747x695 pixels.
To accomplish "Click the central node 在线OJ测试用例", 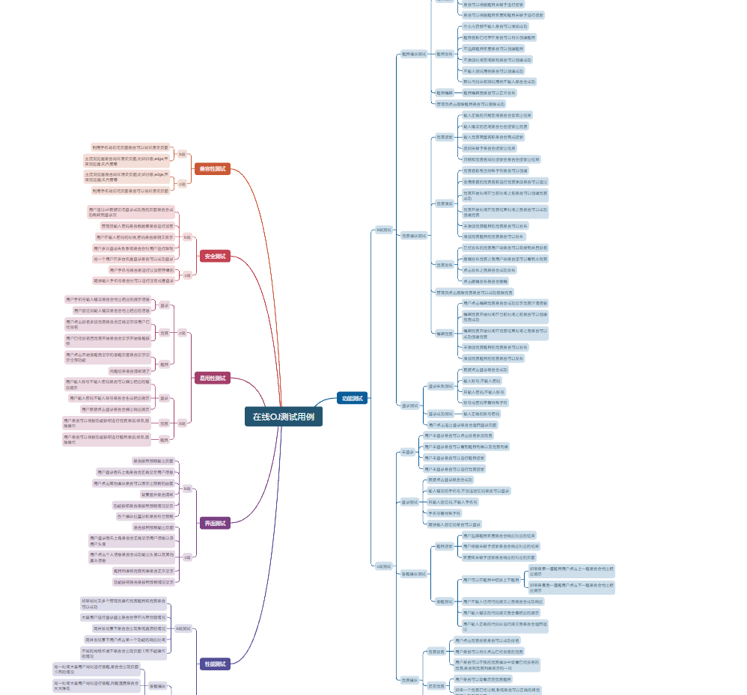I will (283, 417).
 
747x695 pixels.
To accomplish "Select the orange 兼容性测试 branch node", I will (212, 168).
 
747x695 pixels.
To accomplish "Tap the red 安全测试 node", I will (215, 256).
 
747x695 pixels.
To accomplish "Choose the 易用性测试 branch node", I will (212, 379).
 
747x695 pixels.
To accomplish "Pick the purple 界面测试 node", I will (215, 523).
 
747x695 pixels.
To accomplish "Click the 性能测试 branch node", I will (215, 664).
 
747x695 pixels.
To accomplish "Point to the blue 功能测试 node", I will (352, 399).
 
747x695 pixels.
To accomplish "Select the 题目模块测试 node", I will (414, 54).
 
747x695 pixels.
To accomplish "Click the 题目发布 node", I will (445, 54).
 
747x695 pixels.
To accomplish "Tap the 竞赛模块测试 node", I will (414, 236).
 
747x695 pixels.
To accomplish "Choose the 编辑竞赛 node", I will (445, 334).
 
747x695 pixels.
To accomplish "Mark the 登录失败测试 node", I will (440, 386).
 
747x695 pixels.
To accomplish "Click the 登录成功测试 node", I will (440, 414).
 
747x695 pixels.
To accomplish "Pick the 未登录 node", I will (407, 452).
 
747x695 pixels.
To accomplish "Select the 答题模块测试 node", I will (414, 574).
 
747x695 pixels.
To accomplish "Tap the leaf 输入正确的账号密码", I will (481, 414).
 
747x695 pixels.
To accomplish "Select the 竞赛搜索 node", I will (445, 137).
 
